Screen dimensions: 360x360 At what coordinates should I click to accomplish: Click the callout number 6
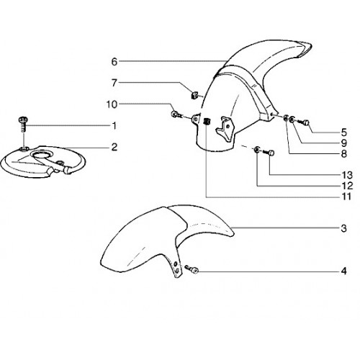pyautogui.click(x=114, y=62)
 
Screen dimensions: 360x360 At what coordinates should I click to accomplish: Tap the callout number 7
pyautogui.click(x=114, y=83)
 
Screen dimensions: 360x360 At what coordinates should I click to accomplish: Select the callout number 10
pyautogui.click(x=112, y=104)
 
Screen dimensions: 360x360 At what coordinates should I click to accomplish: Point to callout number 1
pyautogui.click(x=114, y=125)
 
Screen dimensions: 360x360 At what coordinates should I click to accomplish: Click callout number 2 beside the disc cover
pyautogui.click(x=114, y=147)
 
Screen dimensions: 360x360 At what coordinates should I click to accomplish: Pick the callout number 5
pyautogui.click(x=344, y=132)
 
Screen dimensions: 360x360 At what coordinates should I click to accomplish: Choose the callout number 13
pyautogui.click(x=347, y=175)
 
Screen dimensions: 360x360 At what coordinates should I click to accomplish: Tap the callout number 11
pyautogui.click(x=346, y=197)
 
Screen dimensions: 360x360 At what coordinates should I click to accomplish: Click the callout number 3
pyautogui.click(x=344, y=228)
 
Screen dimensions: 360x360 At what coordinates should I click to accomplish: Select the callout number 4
pyautogui.click(x=344, y=271)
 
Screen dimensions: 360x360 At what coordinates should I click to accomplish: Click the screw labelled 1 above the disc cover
pyautogui.click(x=23, y=124)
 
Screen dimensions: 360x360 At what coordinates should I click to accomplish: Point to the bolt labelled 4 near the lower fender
pyautogui.click(x=192, y=269)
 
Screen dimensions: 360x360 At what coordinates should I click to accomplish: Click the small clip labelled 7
pyautogui.click(x=194, y=96)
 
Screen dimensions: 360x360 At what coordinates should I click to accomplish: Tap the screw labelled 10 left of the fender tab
pyautogui.click(x=176, y=114)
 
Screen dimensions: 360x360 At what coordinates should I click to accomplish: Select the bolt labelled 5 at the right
pyautogui.click(x=303, y=122)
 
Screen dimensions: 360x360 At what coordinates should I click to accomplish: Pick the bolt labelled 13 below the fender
pyautogui.click(x=269, y=152)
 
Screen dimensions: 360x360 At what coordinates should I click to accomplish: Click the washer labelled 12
pyautogui.click(x=256, y=150)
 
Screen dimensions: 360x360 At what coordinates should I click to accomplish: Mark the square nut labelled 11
pyautogui.click(x=207, y=122)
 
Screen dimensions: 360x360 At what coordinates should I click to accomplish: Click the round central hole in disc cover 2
pyautogui.click(x=42, y=155)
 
